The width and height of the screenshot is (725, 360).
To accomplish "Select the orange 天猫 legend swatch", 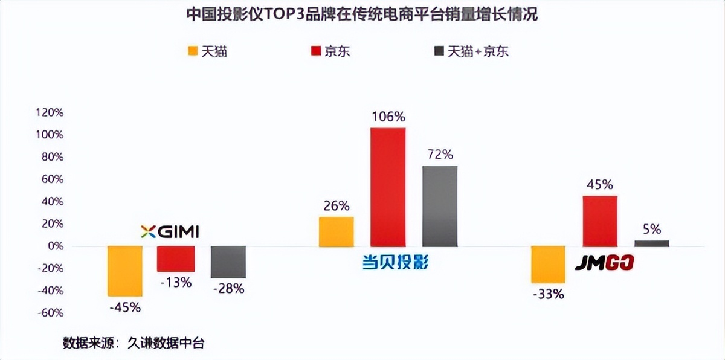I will tap(193, 51).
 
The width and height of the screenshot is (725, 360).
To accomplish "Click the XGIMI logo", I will tap(170, 231).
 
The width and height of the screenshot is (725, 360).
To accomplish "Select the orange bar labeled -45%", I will tap(125, 271).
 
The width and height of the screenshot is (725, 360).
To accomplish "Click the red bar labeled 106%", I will tap(388, 187).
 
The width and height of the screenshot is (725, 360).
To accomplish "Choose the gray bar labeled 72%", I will tap(440, 205).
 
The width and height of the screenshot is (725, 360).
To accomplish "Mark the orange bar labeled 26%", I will tap(337, 231).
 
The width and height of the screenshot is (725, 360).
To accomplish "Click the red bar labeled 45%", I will tap(599, 220).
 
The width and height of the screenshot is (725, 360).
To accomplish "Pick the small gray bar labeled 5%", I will tap(651, 243).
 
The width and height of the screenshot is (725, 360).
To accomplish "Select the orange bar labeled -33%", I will tap(548, 264).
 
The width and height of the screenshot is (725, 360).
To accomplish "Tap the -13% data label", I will tap(176, 282).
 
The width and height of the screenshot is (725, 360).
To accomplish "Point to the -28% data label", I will tap(228, 289).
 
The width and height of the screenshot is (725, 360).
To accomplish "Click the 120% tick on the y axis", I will tap(50, 112).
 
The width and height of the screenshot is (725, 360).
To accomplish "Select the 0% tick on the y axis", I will tap(55, 246).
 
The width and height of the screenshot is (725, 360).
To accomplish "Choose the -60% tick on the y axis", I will tap(50, 312).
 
